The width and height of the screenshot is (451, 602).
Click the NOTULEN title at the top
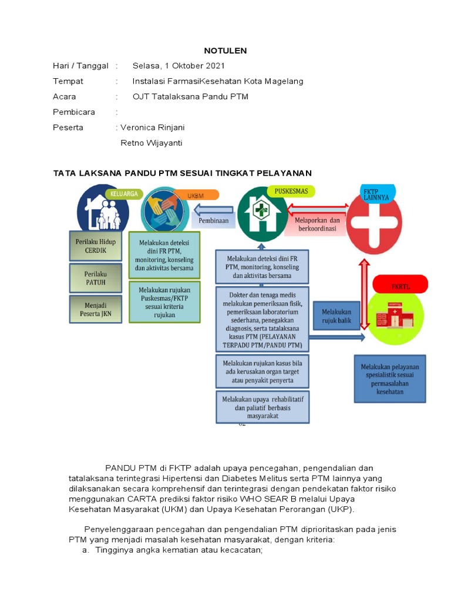click(225, 51)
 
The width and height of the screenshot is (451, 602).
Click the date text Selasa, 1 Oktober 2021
click(179, 66)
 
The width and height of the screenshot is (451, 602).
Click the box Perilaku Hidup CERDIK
click(95, 246)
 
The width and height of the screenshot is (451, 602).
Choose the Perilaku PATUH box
click(95, 278)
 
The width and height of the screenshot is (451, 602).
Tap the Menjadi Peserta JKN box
click(95, 309)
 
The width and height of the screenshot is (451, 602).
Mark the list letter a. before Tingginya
click(86, 550)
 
